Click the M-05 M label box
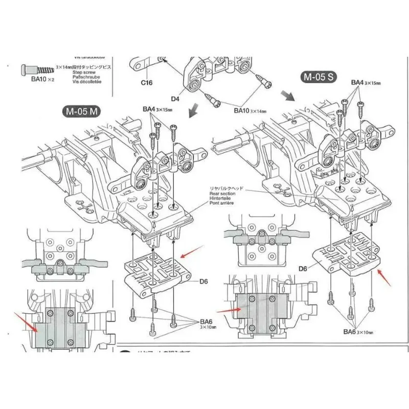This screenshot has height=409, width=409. pos(81,111)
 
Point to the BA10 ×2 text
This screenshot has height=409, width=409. pos(38,79)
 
